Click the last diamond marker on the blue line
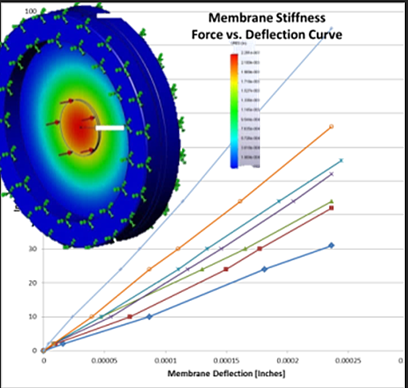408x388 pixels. pos(331,245)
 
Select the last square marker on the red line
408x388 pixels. pos(331,208)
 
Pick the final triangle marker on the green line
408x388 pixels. pos(331,201)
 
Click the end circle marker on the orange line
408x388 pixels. pos(331,126)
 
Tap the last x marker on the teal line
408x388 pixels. pos(341,160)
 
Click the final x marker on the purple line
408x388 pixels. pos(331,174)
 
